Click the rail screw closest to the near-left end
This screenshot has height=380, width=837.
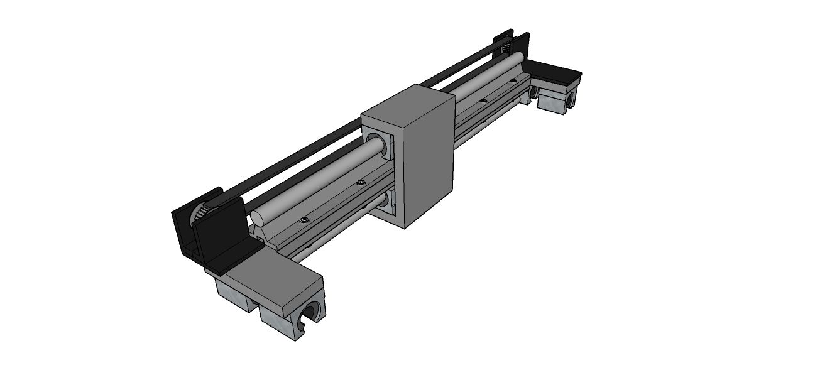(305, 220)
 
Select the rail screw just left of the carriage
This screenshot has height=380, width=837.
(360, 183)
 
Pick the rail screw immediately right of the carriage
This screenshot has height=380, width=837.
(483, 100)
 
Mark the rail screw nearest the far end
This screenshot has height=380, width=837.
(513, 80)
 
